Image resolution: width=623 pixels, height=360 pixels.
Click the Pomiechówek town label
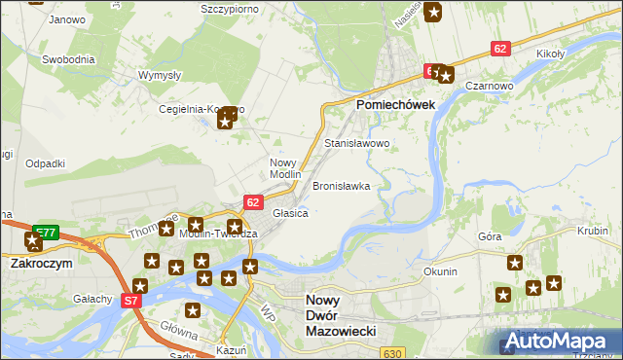(x=402, y=104)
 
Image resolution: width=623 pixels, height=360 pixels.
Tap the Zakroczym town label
(x=42, y=263)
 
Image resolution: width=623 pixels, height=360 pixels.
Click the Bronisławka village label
(x=341, y=185)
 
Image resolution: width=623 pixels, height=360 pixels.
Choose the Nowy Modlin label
(x=285, y=168)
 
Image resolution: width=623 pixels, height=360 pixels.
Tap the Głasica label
(x=290, y=212)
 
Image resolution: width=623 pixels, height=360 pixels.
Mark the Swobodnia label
(x=68, y=59)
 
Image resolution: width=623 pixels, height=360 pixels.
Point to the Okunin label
(x=440, y=271)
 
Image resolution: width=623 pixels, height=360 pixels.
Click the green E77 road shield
(x=47, y=231)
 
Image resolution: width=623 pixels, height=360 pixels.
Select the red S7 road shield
(x=131, y=302)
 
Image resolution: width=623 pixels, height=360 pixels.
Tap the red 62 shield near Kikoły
(x=500, y=48)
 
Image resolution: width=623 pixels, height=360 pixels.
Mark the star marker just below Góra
(x=515, y=263)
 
